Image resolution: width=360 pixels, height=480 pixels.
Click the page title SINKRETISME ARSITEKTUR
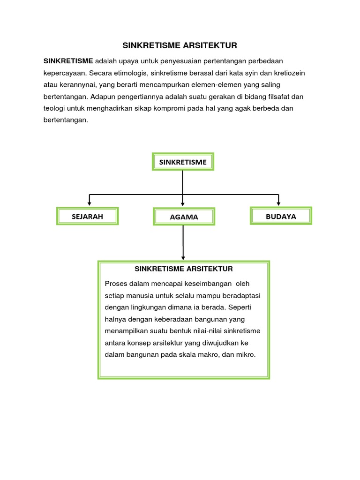point(180,45)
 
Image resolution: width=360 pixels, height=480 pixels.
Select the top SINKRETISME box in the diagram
point(183,162)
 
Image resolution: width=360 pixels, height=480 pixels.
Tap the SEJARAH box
point(87,216)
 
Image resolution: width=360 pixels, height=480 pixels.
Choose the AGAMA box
point(184,217)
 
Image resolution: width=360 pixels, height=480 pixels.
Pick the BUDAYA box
point(281,216)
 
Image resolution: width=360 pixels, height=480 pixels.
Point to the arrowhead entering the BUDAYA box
point(279,203)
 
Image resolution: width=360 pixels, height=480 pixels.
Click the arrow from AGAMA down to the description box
point(183,242)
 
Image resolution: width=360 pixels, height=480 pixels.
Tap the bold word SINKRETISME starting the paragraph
point(68,61)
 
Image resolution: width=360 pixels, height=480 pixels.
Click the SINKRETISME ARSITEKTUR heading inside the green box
point(184,269)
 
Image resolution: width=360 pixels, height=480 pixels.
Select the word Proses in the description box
point(116,284)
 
